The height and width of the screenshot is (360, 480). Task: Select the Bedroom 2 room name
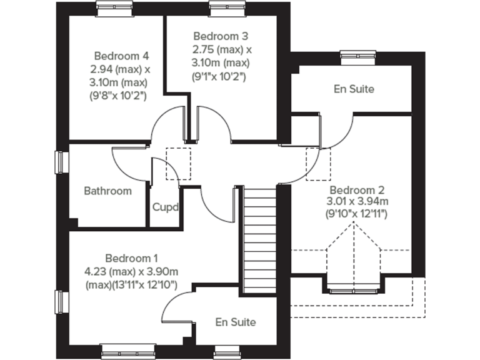pyautogui.click(x=357, y=190)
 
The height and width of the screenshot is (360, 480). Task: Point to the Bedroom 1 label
pyautogui.click(x=131, y=258)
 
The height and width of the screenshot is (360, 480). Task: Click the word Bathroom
pyautogui.click(x=108, y=191)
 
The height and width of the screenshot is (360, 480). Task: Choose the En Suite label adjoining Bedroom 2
pyautogui.click(x=354, y=89)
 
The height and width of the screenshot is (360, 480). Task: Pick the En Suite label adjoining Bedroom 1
pyautogui.click(x=235, y=322)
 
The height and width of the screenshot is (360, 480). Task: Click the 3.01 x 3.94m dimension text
pyautogui.click(x=357, y=201)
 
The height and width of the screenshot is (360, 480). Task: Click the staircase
pyautogui.click(x=259, y=241)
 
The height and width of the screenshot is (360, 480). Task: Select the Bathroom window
pyautogui.click(x=61, y=162)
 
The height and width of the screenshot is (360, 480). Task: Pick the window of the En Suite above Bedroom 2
pyautogui.click(x=354, y=56)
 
